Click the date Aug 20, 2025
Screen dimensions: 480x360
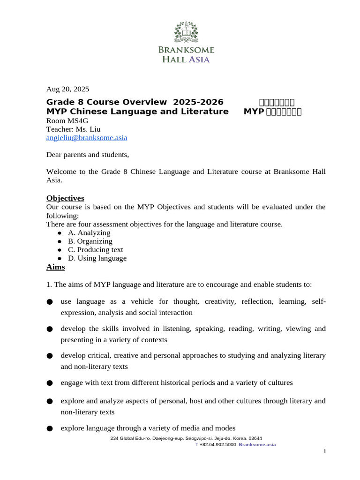click(x=67, y=89)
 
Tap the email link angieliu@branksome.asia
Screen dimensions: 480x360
click(x=87, y=138)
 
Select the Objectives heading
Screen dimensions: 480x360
click(x=65, y=198)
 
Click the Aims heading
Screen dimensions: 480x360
click(x=56, y=267)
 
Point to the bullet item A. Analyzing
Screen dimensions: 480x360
click(x=89, y=233)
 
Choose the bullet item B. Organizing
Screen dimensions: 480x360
click(x=90, y=241)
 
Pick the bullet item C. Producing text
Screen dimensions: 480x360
click(x=95, y=250)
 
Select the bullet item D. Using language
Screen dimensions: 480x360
click(x=97, y=258)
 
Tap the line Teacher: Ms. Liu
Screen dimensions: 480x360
click(x=73, y=129)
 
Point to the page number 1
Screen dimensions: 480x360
click(x=324, y=451)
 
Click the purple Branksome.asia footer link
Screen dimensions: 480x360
click(x=257, y=444)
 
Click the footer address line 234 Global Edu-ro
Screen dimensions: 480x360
click(x=186, y=438)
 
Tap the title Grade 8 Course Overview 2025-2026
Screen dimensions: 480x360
click(x=135, y=102)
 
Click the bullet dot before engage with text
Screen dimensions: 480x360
click(x=50, y=383)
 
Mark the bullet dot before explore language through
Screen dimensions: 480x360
click(x=50, y=428)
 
